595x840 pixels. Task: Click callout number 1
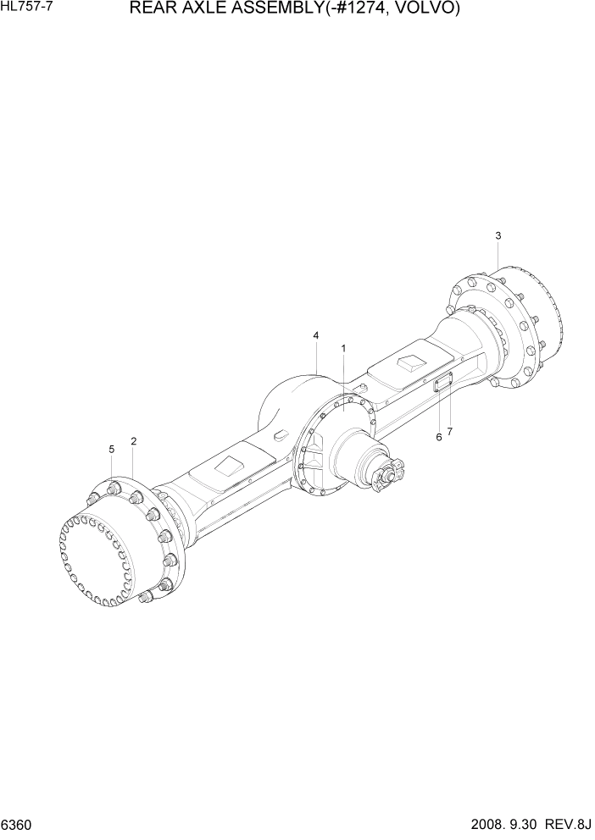point(343,348)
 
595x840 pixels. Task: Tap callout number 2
point(134,441)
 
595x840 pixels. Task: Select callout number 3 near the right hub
point(498,235)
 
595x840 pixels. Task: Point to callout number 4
point(316,336)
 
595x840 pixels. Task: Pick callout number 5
point(111,449)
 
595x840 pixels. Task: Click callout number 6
point(439,437)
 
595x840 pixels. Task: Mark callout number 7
point(450,432)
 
